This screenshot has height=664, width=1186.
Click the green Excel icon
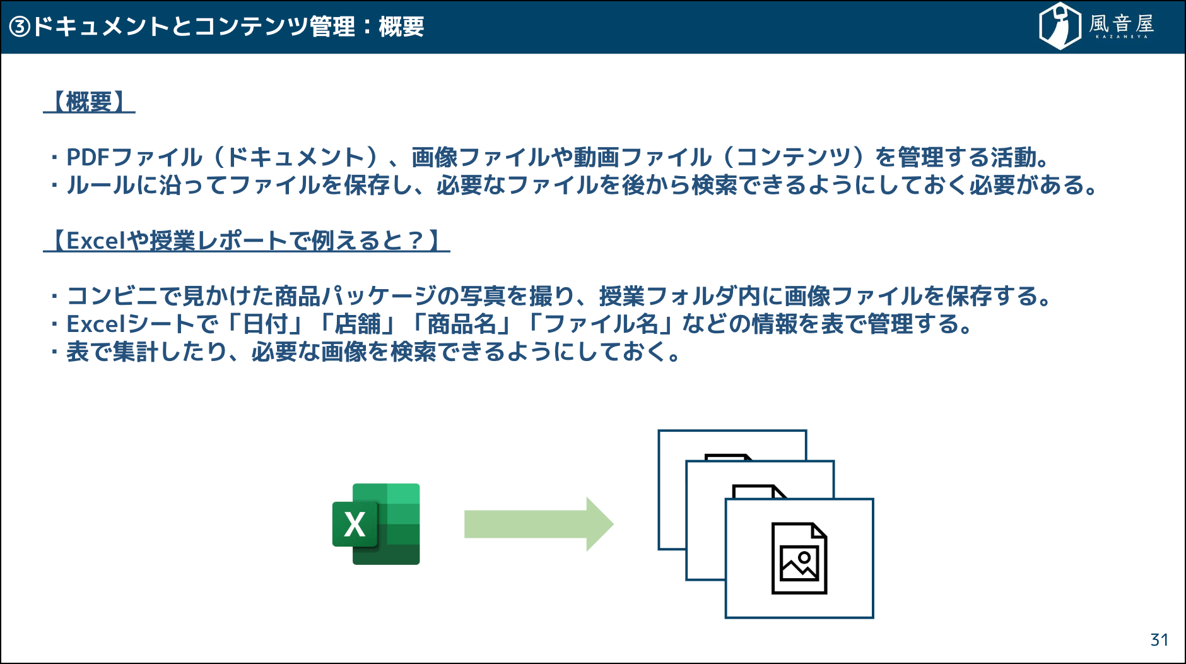(376, 524)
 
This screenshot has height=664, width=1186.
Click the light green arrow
(539, 524)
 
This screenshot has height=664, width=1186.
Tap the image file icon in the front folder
(799, 558)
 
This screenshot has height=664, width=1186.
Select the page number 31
(1159, 640)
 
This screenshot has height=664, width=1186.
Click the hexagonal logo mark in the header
(1060, 26)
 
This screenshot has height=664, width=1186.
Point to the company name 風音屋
(1122, 24)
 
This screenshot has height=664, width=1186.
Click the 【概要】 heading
(89, 102)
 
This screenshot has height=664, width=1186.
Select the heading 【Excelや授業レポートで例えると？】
(246, 240)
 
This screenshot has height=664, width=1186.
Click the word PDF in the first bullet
(88, 157)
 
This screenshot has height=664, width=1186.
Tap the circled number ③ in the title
(20, 27)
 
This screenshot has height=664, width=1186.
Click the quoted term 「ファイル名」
(602, 324)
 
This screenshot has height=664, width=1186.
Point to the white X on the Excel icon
(355, 525)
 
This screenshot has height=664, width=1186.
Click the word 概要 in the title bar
(401, 27)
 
